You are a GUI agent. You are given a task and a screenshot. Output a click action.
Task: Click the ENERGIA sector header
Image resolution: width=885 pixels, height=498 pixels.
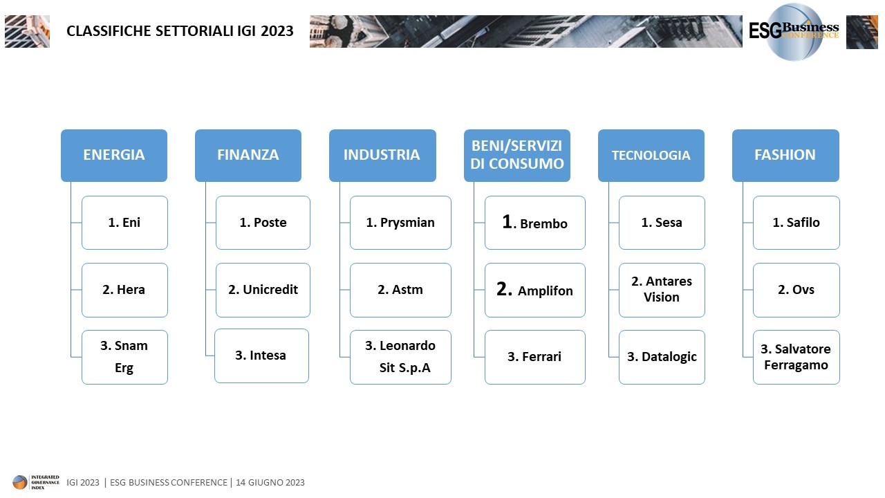pyautogui.click(x=114, y=156)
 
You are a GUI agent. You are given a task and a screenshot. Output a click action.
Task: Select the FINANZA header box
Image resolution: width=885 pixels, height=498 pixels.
pyautogui.click(x=248, y=156)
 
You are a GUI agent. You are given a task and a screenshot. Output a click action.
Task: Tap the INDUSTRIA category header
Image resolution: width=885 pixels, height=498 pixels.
pyautogui.click(x=382, y=156)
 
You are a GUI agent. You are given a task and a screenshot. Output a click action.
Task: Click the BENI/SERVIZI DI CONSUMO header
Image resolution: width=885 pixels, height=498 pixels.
pyautogui.click(x=516, y=156)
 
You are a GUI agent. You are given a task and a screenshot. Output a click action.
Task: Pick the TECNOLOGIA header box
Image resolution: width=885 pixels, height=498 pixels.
pyautogui.click(x=651, y=156)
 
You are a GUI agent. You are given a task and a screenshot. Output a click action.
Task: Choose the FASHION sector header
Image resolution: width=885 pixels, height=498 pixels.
pyautogui.click(x=785, y=156)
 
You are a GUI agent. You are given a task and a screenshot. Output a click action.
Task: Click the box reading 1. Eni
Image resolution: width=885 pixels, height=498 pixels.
pyautogui.click(x=124, y=223)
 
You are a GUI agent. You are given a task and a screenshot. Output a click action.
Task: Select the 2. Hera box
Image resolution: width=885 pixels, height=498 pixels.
pyautogui.click(x=124, y=290)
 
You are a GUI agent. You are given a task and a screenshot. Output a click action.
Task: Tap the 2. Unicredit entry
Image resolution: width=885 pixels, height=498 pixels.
pyautogui.click(x=263, y=290)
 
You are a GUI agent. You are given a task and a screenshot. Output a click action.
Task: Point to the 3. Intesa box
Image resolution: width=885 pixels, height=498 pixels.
pyautogui.click(x=261, y=356)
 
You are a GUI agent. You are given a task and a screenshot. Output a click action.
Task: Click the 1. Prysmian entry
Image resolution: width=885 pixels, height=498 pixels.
pyautogui.click(x=400, y=223)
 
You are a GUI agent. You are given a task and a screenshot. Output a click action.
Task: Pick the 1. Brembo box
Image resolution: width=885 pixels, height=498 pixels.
pyautogui.click(x=535, y=223)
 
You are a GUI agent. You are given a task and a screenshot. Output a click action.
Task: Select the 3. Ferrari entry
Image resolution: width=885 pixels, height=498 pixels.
pyautogui.click(x=535, y=357)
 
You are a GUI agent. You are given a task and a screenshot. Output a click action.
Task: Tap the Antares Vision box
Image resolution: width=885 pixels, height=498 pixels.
pyautogui.click(x=662, y=290)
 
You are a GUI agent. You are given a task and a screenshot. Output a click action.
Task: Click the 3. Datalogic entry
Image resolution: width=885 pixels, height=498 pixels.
pyautogui.click(x=662, y=357)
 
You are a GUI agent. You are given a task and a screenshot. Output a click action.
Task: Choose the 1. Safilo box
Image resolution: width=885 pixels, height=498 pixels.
pyautogui.click(x=796, y=223)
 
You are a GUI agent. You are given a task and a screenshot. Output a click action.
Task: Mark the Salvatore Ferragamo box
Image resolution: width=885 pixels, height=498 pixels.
pyautogui.click(x=796, y=357)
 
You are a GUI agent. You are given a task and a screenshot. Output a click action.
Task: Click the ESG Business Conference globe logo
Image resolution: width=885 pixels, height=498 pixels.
pyautogui.click(x=794, y=32)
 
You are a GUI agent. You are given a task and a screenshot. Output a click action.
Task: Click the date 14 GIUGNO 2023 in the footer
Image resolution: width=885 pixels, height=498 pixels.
pyautogui.click(x=270, y=483)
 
